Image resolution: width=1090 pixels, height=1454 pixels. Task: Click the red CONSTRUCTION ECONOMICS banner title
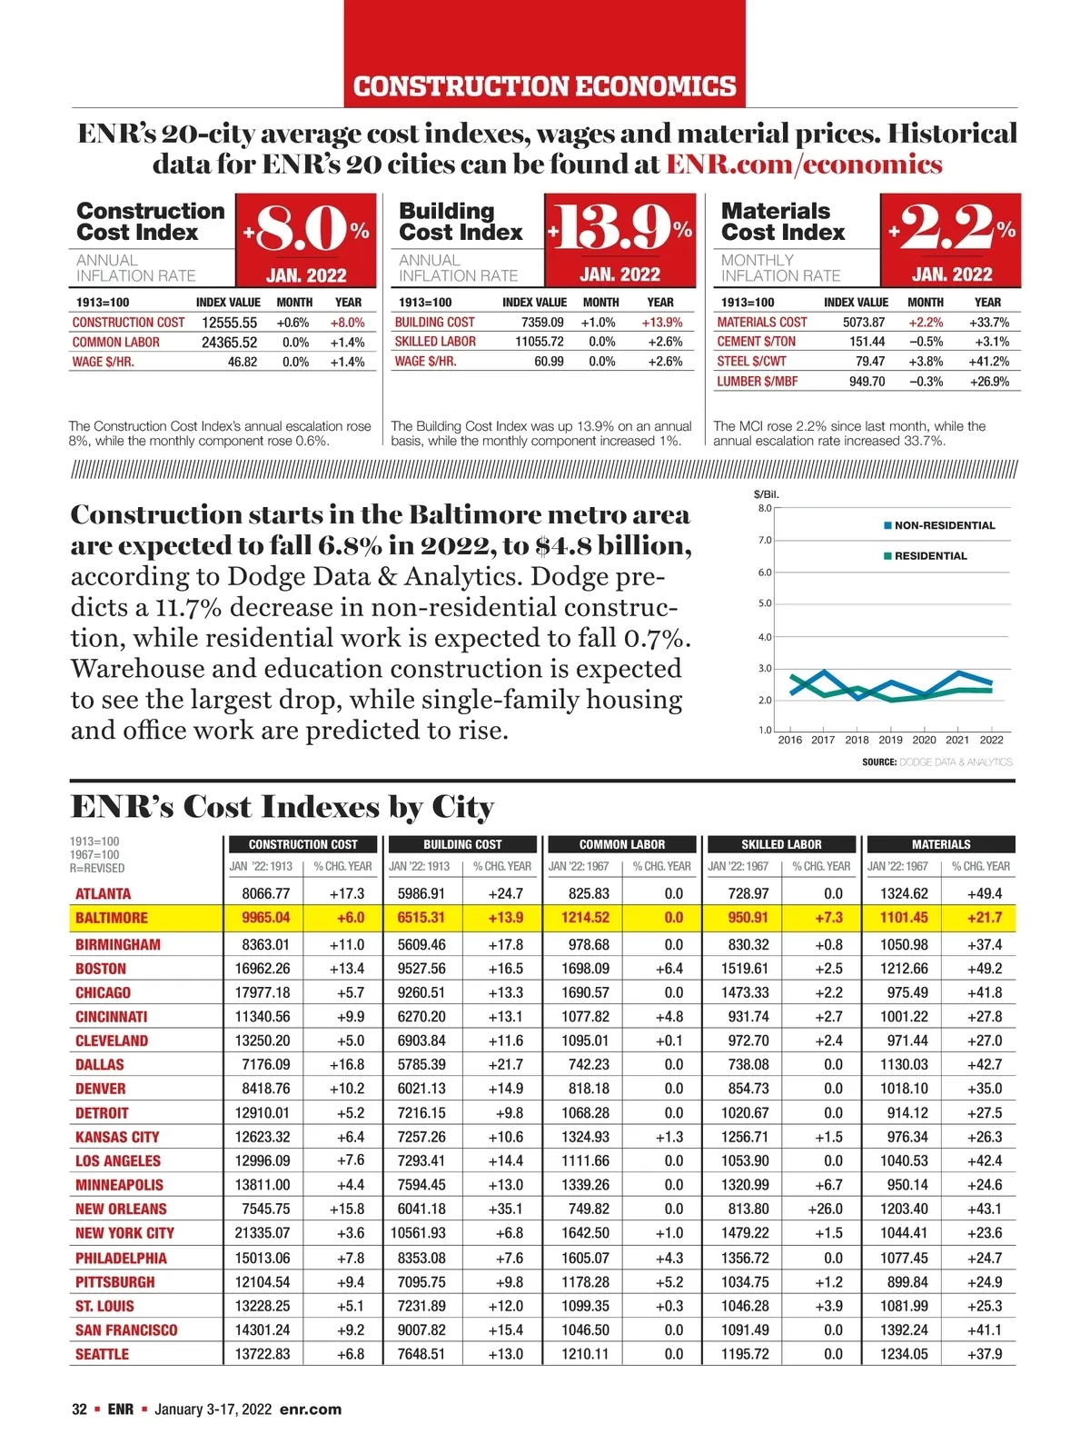pos(544,86)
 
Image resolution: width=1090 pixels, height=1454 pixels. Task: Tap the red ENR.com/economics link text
pos(804,164)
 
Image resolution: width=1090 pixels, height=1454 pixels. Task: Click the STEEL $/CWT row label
pos(751,362)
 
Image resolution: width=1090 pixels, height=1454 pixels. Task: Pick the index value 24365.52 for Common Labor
pos(229,343)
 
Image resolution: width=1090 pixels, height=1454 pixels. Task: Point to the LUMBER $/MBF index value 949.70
pos(867,382)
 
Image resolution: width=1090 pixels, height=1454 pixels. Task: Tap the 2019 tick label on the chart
pos(890,740)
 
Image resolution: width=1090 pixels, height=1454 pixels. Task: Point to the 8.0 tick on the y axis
pos(764,508)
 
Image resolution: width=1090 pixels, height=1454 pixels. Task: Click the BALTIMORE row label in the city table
pos(111,918)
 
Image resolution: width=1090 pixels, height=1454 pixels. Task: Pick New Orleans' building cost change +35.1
pos(505,1209)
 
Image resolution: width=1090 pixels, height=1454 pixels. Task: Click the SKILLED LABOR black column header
pos(781,844)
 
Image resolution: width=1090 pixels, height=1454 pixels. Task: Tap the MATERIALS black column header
pos(941,844)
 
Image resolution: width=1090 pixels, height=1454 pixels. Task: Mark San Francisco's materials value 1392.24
pos(904,1330)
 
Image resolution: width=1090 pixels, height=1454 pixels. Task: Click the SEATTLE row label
pos(102,1354)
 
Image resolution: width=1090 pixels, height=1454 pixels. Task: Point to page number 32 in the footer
pos(80,1409)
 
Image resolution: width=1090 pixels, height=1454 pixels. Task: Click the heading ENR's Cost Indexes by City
pos(282,807)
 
